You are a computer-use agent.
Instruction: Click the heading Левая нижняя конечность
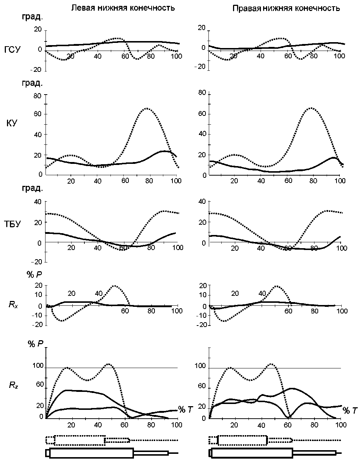click(123, 8)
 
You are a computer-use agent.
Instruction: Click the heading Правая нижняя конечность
click(286, 8)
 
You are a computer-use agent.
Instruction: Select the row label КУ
click(11, 123)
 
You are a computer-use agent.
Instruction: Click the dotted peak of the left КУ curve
click(146, 108)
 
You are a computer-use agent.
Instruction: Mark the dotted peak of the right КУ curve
click(311, 108)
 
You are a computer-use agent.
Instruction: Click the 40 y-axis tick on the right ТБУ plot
click(202, 201)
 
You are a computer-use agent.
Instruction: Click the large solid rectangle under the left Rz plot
click(91, 453)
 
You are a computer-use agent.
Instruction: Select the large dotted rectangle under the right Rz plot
click(242, 440)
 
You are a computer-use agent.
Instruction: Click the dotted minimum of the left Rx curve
click(62, 321)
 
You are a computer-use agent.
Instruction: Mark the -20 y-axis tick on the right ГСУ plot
click(201, 66)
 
